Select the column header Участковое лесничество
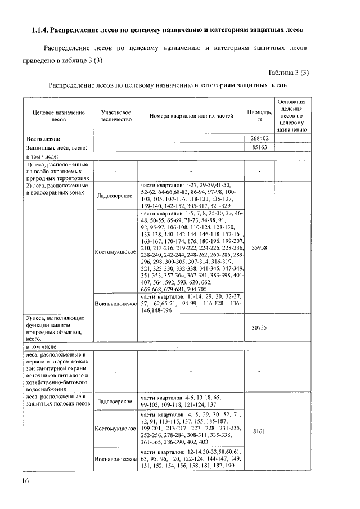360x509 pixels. point(115,116)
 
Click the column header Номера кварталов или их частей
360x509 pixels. point(191,116)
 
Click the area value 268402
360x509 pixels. point(259,138)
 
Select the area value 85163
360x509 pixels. point(259,147)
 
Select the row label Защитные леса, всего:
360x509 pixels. point(56,147)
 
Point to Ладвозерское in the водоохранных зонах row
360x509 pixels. point(115,196)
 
